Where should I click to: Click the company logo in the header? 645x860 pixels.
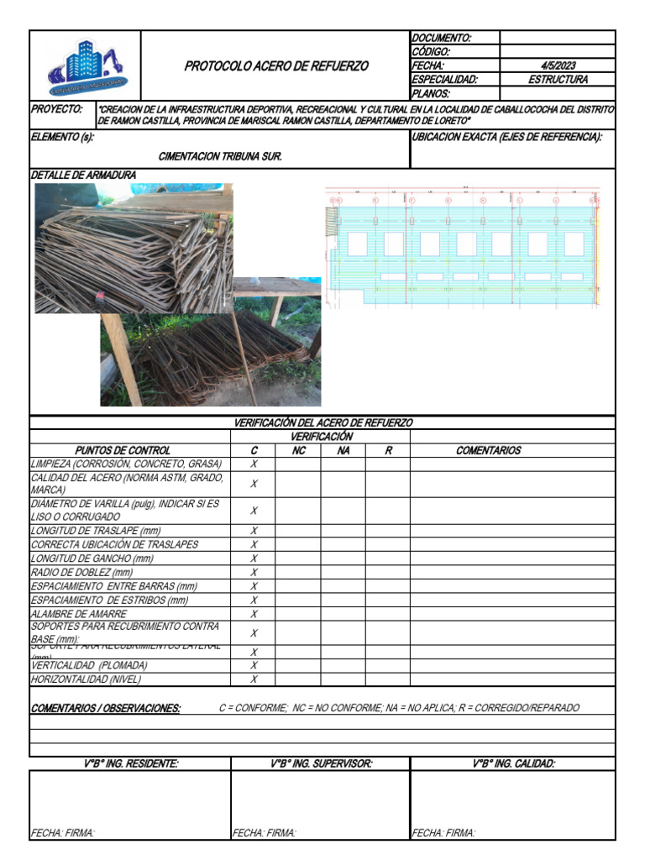click(x=87, y=66)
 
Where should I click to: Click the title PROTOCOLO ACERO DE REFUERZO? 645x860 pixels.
click(x=275, y=66)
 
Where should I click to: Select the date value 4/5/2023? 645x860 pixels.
click(x=558, y=66)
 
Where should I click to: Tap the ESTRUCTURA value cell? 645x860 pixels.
click(x=558, y=80)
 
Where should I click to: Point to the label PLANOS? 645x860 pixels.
click(x=431, y=94)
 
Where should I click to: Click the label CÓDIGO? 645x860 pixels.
click(x=431, y=52)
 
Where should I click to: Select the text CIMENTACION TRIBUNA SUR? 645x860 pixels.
click(x=220, y=156)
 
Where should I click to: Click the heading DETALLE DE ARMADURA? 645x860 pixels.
click(x=83, y=175)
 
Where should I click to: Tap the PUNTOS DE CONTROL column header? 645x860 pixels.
click(x=123, y=450)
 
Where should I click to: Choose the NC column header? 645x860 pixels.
click(x=298, y=450)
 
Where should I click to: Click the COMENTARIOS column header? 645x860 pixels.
click(x=488, y=450)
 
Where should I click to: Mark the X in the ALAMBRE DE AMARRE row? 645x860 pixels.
click(x=254, y=614)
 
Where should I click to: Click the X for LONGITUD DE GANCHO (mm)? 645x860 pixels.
click(x=254, y=558)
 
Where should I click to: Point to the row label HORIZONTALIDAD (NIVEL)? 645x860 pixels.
click(x=86, y=679)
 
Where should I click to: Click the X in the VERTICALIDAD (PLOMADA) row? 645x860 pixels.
click(x=254, y=665)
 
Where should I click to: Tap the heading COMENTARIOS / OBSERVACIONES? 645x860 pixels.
click(x=106, y=708)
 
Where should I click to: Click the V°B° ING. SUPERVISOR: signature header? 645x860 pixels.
click(x=321, y=763)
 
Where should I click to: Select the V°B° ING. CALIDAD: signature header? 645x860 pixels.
click(x=513, y=763)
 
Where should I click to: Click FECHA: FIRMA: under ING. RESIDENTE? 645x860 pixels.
click(x=63, y=832)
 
